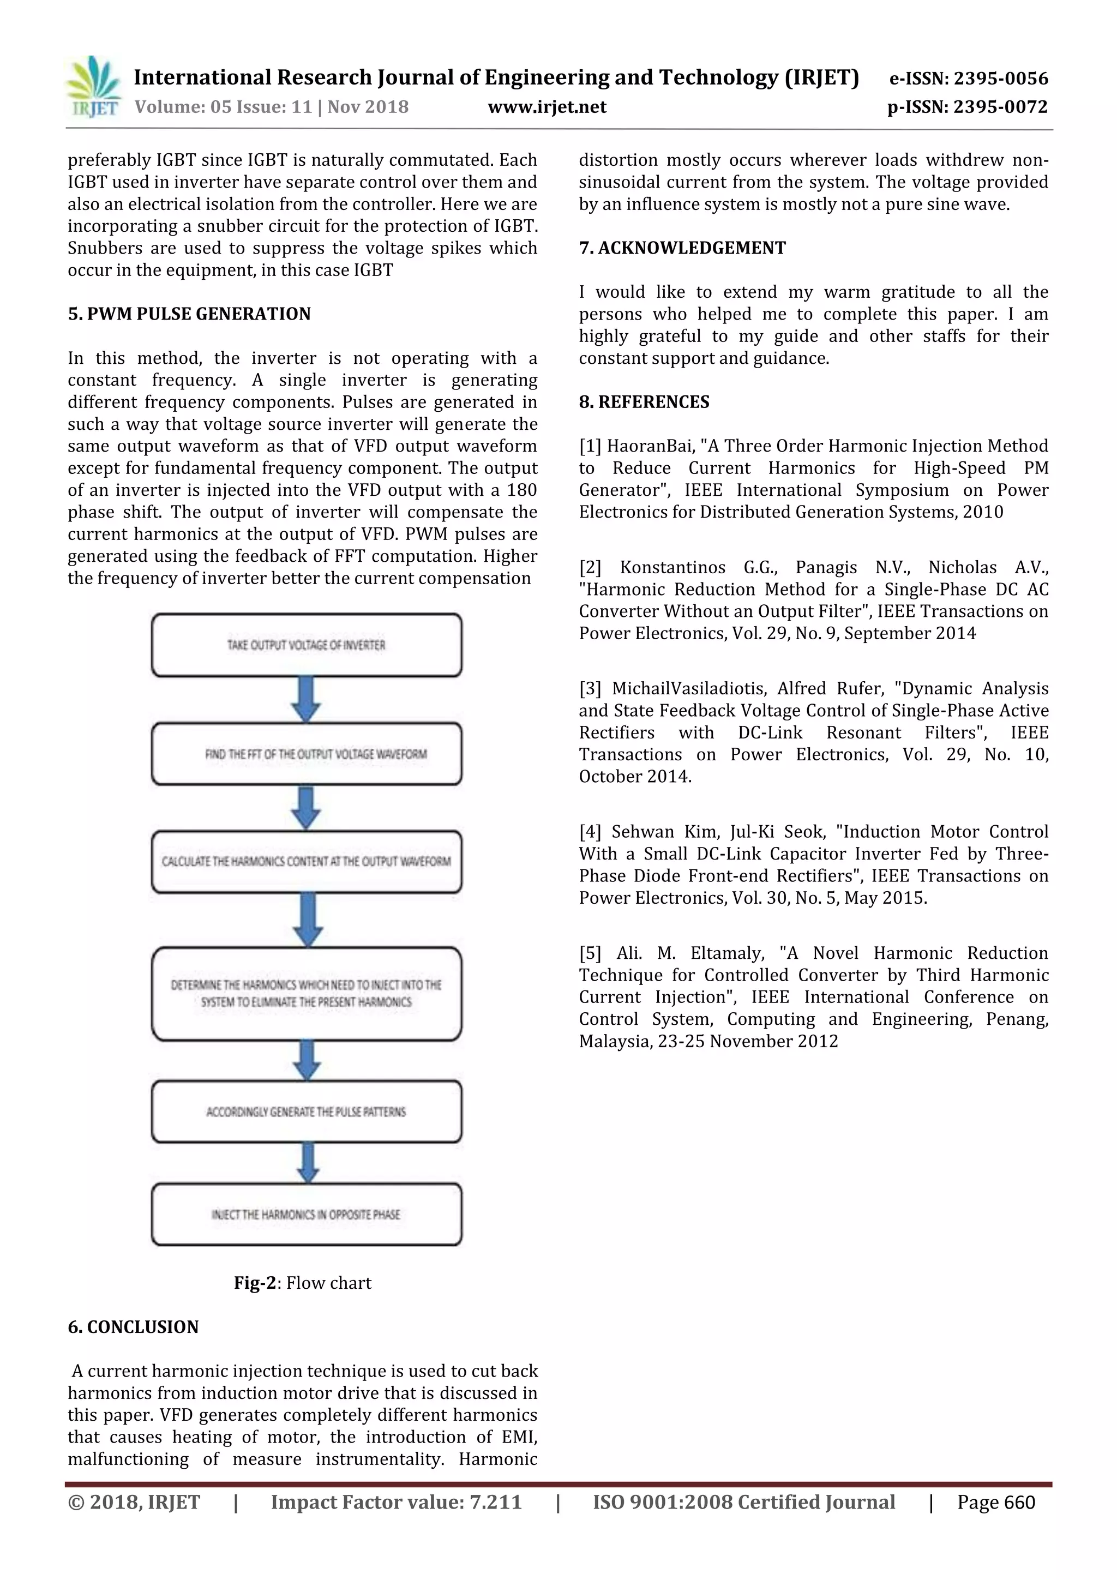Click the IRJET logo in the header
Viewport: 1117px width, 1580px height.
pyautogui.click(x=93, y=87)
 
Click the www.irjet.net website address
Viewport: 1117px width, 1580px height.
pyautogui.click(x=547, y=107)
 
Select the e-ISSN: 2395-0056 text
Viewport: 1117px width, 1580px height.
pyautogui.click(x=968, y=79)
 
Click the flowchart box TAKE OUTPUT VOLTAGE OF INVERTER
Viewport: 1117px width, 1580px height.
pyautogui.click(x=307, y=645)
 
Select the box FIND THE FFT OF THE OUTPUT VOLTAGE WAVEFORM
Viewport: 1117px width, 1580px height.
pyautogui.click(x=307, y=754)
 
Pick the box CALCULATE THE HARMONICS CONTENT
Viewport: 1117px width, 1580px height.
pyautogui.click(x=307, y=862)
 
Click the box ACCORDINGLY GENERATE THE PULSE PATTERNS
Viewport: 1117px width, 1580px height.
pyautogui.click(x=307, y=1112)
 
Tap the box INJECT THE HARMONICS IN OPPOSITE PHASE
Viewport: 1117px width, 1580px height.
pyautogui.click(x=307, y=1215)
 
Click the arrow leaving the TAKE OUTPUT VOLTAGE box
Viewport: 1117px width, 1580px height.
pyautogui.click(x=307, y=699)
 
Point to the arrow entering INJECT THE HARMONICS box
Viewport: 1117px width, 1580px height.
pyautogui.click(x=307, y=1163)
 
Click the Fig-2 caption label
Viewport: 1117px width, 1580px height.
pyautogui.click(x=255, y=1283)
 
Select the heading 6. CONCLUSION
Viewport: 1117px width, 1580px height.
pyautogui.click(x=133, y=1327)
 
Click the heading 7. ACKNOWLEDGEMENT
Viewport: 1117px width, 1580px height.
pyautogui.click(x=682, y=248)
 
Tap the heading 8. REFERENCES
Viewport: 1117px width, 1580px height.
pyautogui.click(x=644, y=402)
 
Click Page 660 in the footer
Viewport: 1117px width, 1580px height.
pyautogui.click(x=995, y=1502)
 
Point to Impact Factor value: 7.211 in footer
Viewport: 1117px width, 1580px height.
pyautogui.click(x=397, y=1502)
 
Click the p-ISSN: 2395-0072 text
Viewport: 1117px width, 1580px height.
pyautogui.click(x=967, y=107)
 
